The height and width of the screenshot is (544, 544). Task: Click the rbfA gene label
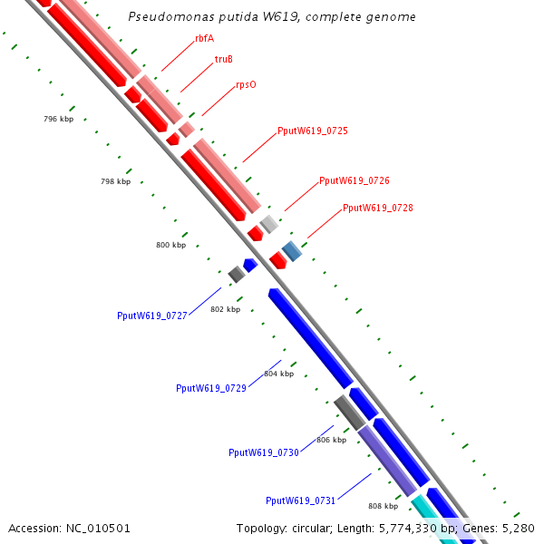coord(204,38)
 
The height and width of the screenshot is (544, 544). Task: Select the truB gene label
coord(223,59)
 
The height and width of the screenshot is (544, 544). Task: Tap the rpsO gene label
coord(246,84)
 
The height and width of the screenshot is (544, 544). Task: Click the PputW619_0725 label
coord(312,131)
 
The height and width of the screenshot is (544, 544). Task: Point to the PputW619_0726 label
coord(354,181)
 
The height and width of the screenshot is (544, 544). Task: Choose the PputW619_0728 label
coord(377,209)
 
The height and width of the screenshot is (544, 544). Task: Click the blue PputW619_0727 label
coord(152,316)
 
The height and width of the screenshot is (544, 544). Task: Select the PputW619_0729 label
coord(211,388)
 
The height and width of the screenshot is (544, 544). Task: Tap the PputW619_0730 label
coord(264,452)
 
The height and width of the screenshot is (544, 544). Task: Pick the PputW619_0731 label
coord(301,500)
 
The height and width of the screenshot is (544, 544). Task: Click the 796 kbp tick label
coord(58,120)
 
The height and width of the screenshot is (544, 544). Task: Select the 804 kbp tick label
coord(279,374)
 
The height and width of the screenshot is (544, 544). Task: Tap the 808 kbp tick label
coord(383,507)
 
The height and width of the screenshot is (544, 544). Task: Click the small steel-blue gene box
coord(291,249)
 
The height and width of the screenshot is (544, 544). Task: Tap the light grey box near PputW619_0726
coord(268,222)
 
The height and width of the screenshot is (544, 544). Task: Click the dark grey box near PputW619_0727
coord(237,274)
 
